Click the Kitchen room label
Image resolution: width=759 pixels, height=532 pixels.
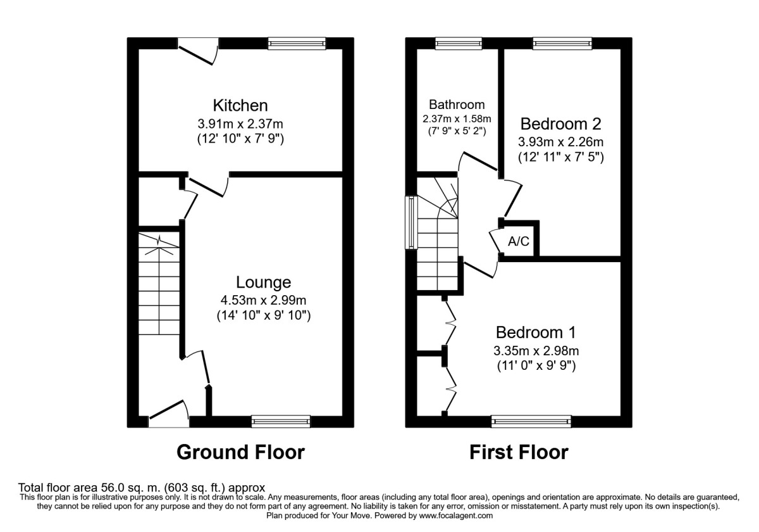(x=240, y=105)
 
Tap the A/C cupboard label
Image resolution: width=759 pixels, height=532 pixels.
(x=518, y=241)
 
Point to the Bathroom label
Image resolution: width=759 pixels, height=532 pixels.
(x=457, y=104)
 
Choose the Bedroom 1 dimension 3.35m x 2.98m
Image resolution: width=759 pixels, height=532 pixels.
(x=536, y=351)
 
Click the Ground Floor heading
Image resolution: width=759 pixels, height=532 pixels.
(x=240, y=452)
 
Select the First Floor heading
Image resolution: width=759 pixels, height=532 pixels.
(x=519, y=452)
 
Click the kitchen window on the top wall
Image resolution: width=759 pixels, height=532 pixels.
(x=297, y=44)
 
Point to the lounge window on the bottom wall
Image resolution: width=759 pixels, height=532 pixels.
(x=281, y=421)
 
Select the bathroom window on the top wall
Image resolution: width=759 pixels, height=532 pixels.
(x=458, y=44)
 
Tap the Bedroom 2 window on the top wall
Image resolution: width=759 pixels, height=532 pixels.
(x=562, y=44)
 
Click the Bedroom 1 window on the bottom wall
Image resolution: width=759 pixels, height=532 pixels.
(x=531, y=421)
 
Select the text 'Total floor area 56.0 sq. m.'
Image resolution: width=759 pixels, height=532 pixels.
(x=95, y=488)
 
